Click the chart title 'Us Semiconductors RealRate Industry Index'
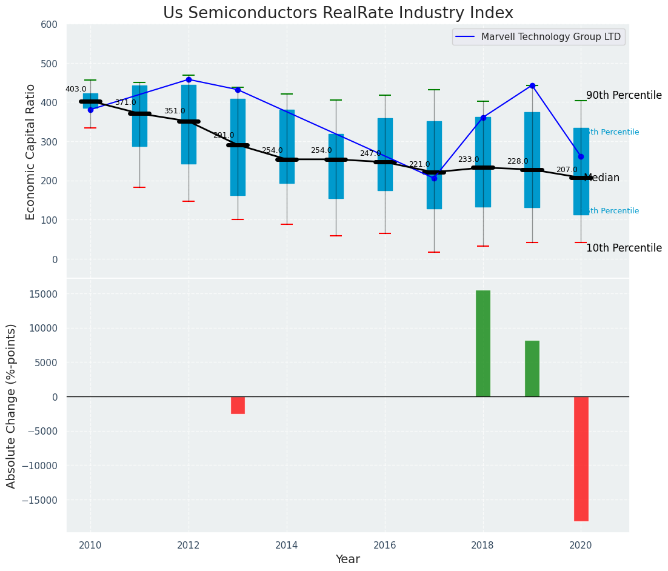tap(338, 13)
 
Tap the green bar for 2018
tap(483, 344)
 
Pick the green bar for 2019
tap(532, 369)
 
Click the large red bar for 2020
tap(581, 459)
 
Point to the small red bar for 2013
tap(238, 406)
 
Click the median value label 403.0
tap(76, 89)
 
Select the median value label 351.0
tap(175, 111)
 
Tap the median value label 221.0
tap(419, 164)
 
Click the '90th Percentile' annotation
tap(624, 96)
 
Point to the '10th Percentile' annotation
tap(624, 249)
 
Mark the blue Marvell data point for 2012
tap(189, 79)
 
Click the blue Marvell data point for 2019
tap(532, 85)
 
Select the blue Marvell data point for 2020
tap(581, 156)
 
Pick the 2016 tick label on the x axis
tap(385, 544)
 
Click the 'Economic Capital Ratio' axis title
tap(31, 152)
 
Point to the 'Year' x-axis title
tap(348, 559)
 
